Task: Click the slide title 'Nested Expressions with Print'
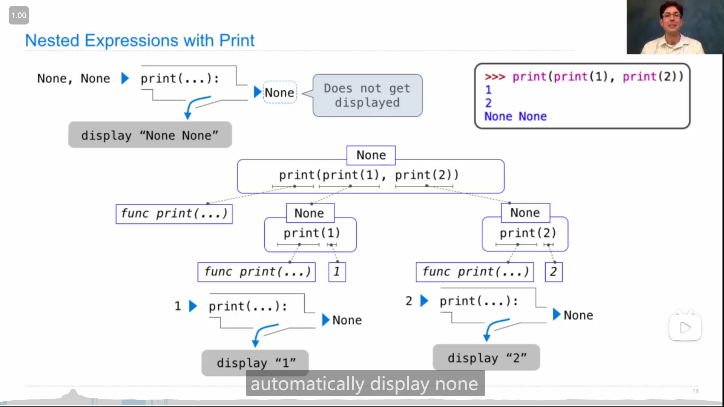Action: (x=140, y=40)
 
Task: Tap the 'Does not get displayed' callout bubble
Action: (x=368, y=95)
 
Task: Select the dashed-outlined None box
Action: (x=279, y=92)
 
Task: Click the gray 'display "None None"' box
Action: (x=150, y=135)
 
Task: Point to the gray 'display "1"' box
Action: (x=255, y=363)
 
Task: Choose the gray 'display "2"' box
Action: (x=486, y=357)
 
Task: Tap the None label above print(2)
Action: (x=525, y=213)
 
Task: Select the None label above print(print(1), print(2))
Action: (x=371, y=155)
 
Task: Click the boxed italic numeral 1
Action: (x=337, y=272)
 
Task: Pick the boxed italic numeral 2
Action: (x=554, y=272)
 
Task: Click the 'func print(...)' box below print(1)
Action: (x=256, y=272)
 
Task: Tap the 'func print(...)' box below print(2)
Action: (x=475, y=272)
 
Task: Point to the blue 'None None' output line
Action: (x=515, y=116)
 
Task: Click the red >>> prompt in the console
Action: (x=495, y=77)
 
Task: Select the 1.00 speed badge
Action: (x=19, y=15)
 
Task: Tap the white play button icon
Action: (x=685, y=327)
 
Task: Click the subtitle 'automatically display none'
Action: (x=365, y=384)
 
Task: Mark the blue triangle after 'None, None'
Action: (x=125, y=78)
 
